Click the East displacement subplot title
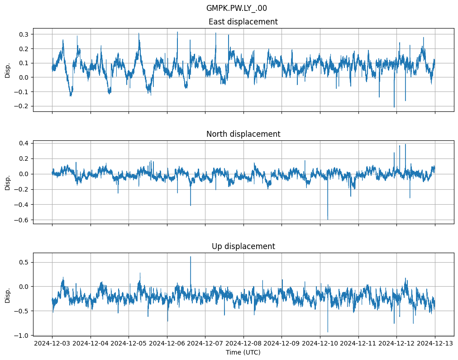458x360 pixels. pyautogui.click(x=243, y=22)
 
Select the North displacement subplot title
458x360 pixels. pyautogui.click(x=243, y=134)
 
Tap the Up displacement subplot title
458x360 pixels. pyautogui.click(x=243, y=246)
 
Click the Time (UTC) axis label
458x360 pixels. pyautogui.click(x=243, y=352)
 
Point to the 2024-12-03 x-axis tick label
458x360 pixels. pyautogui.click(x=52, y=344)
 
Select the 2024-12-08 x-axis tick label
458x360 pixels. pyautogui.click(x=243, y=344)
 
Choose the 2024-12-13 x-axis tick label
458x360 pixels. pyautogui.click(x=435, y=344)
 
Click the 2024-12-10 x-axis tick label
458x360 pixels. pyautogui.click(x=320, y=344)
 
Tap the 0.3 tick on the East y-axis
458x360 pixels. pyautogui.click(x=24, y=34)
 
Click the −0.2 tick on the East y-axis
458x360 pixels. pyautogui.click(x=22, y=106)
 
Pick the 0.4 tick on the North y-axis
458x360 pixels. pyautogui.click(x=24, y=143)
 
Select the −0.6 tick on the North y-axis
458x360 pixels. pyautogui.click(x=22, y=220)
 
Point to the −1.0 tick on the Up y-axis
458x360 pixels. pyautogui.click(x=22, y=336)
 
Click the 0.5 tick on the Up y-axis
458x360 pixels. pyautogui.click(x=24, y=262)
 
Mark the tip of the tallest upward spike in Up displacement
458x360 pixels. pyautogui.click(x=191, y=257)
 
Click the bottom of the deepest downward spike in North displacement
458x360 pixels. pyautogui.click(x=328, y=220)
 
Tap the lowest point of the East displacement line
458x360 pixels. pyautogui.click(x=394, y=107)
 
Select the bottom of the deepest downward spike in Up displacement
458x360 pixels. pyautogui.click(x=328, y=332)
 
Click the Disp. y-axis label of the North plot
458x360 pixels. pyautogui.click(x=8, y=182)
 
